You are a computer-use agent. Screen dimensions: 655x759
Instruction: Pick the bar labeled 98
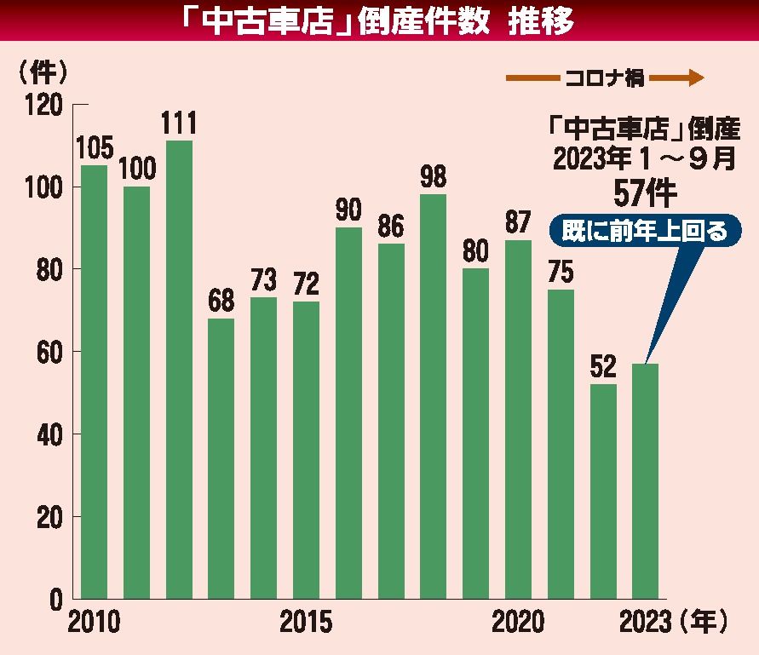(x=433, y=396)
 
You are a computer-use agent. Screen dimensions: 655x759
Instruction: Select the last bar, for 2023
(x=645, y=481)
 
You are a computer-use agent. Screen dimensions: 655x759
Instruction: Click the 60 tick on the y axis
(x=50, y=352)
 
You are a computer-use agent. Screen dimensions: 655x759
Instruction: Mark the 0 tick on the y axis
(x=55, y=600)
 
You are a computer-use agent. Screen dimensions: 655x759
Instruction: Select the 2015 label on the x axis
(x=306, y=623)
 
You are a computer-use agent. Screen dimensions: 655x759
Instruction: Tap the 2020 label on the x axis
(x=518, y=623)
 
